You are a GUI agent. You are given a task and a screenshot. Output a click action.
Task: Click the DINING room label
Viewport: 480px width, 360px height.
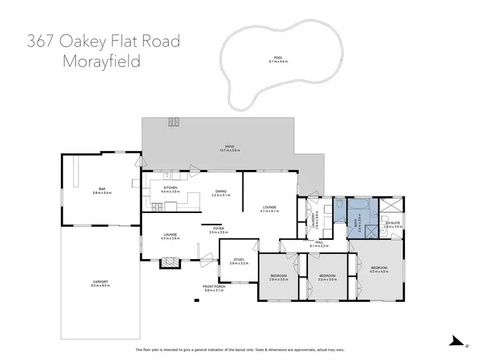click(220, 191)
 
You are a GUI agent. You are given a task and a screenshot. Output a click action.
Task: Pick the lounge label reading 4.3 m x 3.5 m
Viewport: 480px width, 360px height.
click(171, 236)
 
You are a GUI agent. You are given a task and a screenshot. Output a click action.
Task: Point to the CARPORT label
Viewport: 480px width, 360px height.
click(100, 284)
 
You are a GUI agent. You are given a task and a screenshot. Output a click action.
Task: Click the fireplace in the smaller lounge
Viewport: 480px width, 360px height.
click(170, 262)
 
